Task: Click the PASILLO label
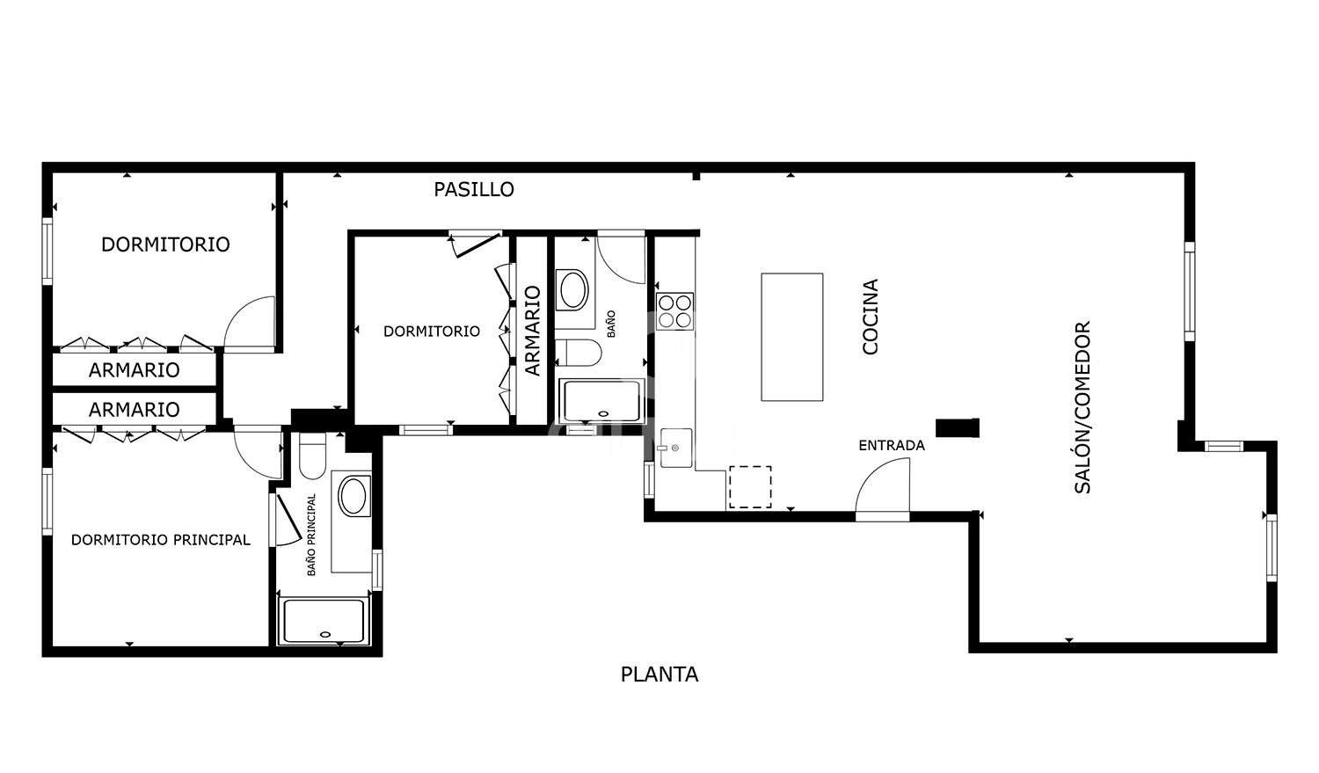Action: pos(474,190)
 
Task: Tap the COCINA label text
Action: pos(870,317)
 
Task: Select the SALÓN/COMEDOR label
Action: pos(1082,407)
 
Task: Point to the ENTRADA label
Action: pos(892,446)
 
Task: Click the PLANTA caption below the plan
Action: pos(659,675)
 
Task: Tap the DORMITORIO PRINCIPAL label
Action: pos(161,540)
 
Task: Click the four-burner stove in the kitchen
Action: pos(674,311)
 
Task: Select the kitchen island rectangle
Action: pos(792,337)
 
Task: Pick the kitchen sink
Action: pos(676,448)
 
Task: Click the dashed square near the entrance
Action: pos(750,487)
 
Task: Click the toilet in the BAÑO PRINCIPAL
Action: pos(312,456)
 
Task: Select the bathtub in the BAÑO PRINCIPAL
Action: pos(324,621)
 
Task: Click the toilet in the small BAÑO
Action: pos(579,352)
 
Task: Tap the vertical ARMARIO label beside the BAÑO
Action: pos(532,331)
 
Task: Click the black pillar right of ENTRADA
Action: pos(958,428)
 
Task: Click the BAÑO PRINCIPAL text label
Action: pos(311,535)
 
